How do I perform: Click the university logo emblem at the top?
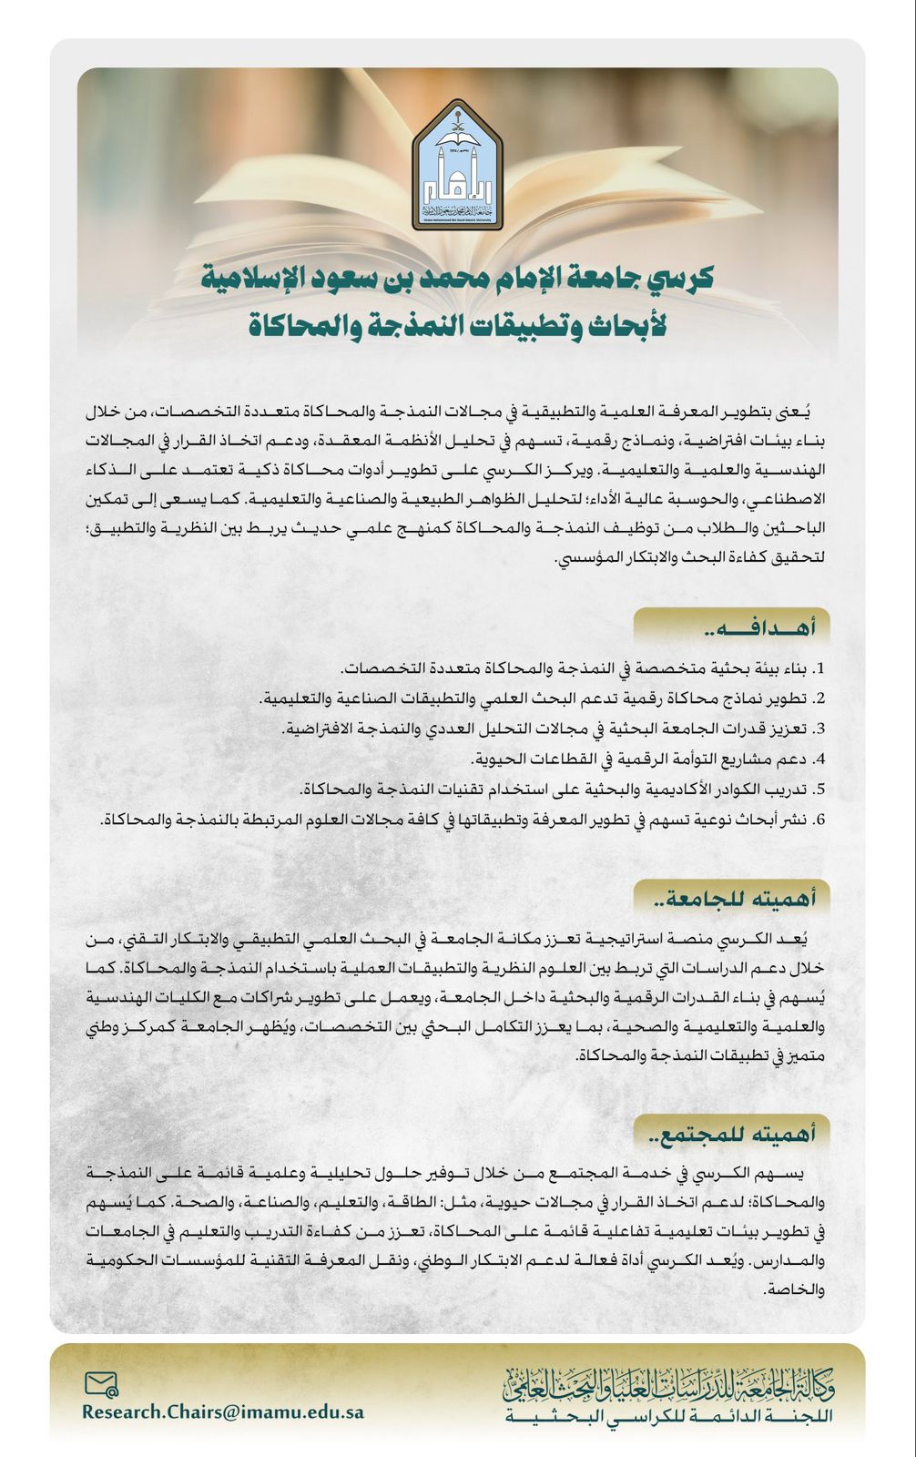pos(457,166)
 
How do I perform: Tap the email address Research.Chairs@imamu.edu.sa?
pos(223,1411)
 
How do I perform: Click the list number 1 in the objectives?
pos(819,669)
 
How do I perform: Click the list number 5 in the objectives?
pos(819,789)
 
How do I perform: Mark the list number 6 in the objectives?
pos(819,819)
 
